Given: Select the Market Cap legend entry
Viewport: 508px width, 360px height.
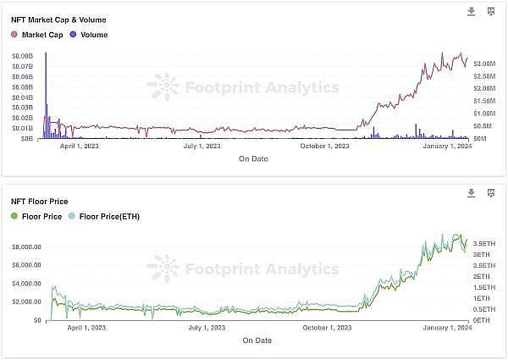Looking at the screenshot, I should (37, 35).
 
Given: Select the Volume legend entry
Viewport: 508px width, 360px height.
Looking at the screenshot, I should (89, 35).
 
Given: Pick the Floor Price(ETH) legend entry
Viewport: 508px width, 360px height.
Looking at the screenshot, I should (109, 217).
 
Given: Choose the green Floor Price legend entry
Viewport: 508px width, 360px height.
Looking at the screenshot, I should (38, 217).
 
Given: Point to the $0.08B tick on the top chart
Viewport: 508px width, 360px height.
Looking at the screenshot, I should (22, 55).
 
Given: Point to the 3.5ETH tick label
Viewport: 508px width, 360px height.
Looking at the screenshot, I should (485, 243).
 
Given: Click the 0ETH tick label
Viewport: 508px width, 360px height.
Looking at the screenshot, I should (481, 320).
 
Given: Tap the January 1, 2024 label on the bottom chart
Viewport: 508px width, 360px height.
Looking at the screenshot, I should (446, 328).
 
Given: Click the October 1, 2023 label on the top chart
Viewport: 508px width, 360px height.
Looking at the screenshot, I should (324, 146).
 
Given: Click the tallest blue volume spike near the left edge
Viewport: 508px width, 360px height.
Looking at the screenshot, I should (45, 93).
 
